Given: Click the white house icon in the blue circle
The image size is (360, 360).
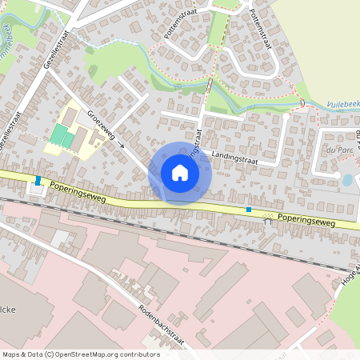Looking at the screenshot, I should [x=180, y=173].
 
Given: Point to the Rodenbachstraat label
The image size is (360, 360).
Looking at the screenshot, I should [x=161, y=325].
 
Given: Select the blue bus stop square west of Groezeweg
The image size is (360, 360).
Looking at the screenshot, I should [x=38, y=180].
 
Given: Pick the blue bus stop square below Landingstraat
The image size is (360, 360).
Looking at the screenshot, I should [x=249, y=210].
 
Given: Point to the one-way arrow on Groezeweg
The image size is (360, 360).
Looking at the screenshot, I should [x=122, y=146].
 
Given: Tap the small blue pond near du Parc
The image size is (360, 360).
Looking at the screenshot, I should [x=347, y=180].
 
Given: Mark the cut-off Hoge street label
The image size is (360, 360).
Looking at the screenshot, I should [x=350, y=276].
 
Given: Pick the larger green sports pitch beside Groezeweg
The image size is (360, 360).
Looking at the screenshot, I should [x=58, y=134].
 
